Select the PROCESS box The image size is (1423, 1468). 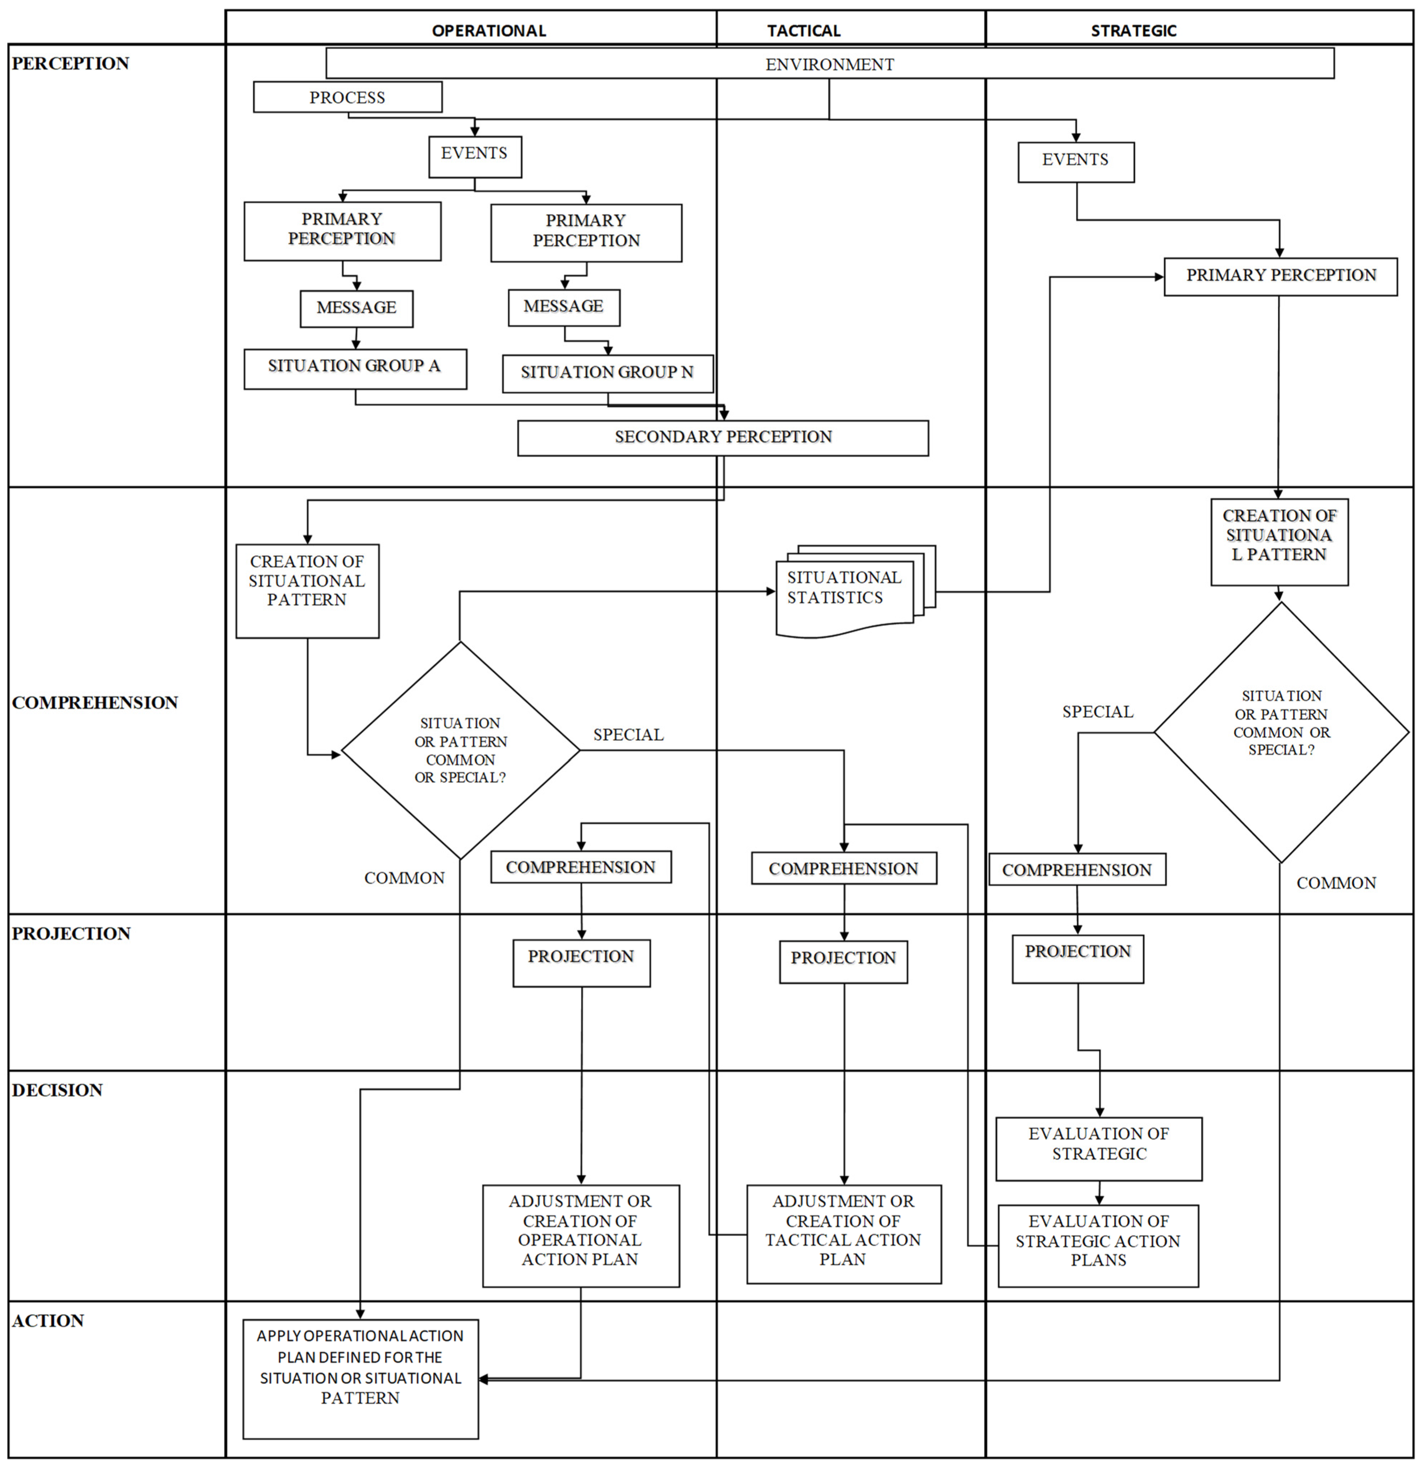click(348, 97)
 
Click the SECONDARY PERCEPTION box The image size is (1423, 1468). click(723, 437)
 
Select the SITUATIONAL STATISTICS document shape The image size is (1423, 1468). click(845, 592)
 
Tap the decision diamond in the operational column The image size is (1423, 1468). click(460, 751)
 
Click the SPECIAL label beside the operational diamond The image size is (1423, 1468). click(628, 735)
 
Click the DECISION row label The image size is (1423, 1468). click(57, 1090)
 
